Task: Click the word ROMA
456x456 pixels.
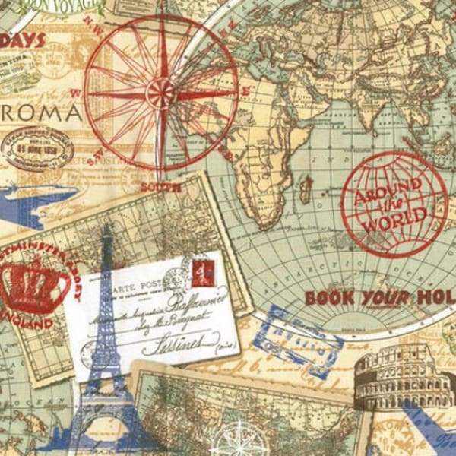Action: pyautogui.click(x=42, y=114)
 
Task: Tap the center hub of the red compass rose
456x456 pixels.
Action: pyautogui.click(x=160, y=93)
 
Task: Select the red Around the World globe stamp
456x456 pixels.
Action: pyautogui.click(x=393, y=204)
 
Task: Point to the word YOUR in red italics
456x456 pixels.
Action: pyautogui.click(x=384, y=297)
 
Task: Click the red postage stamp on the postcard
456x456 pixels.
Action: pyautogui.click(x=204, y=273)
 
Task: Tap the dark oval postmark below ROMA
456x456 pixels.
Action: pyautogui.click(x=36, y=149)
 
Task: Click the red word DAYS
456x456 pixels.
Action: pyautogui.click(x=23, y=40)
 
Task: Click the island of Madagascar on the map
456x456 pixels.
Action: pyautogui.click(x=306, y=187)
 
